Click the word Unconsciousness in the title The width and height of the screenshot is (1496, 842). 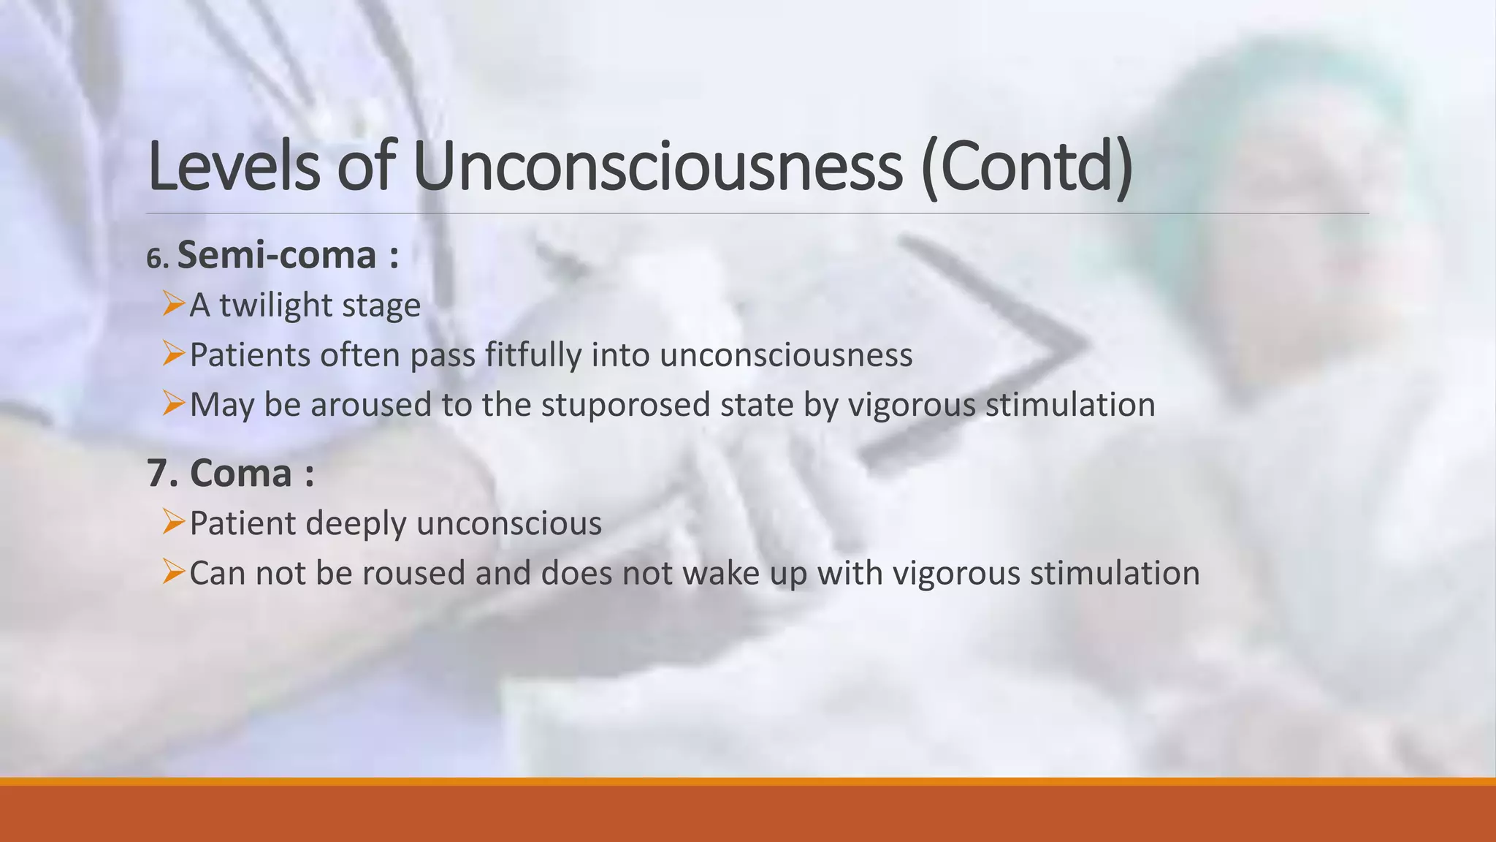pyautogui.click(x=657, y=167)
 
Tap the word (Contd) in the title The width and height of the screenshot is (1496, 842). pyautogui.click(x=1026, y=167)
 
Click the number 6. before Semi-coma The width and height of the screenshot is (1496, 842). pyautogui.click(x=158, y=258)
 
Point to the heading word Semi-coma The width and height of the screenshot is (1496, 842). pyautogui.click(x=277, y=255)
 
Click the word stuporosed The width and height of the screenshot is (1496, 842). pyautogui.click(x=625, y=405)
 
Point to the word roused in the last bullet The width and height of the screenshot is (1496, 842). pyautogui.click(x=413, y=573)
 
